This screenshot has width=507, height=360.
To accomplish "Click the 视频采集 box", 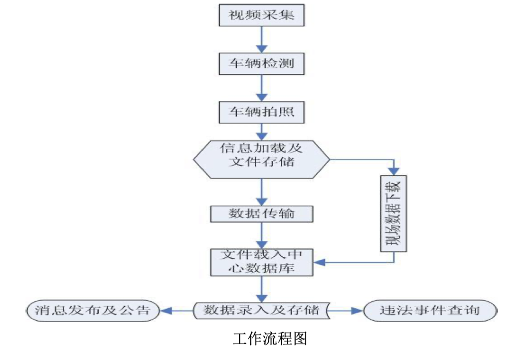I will [262, 16].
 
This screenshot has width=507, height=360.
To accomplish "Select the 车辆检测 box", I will [262, 63].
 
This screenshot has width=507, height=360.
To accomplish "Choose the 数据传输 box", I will [262, 214].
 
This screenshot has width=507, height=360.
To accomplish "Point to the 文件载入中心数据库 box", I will [262, 262].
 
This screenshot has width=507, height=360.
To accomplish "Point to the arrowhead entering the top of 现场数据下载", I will [395, 171].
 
